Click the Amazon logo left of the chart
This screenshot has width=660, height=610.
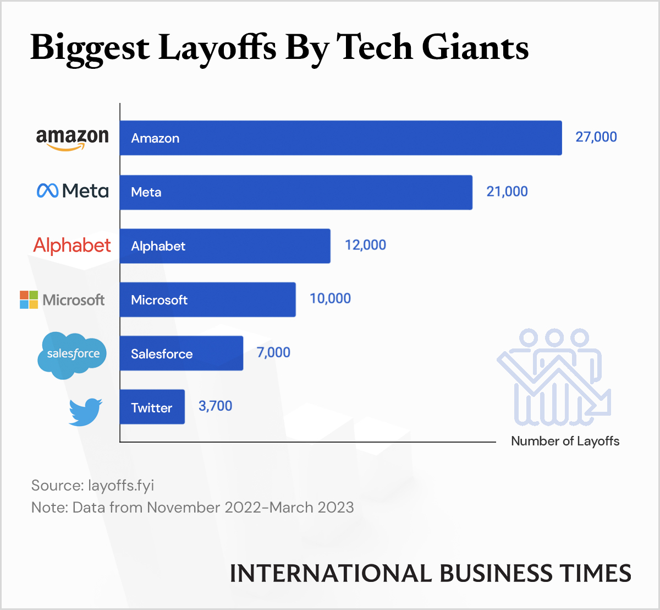click(x=72, y=138)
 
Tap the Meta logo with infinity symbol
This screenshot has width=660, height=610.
click(x=72, y=191)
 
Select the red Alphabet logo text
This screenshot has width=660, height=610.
click(x=72, y=245)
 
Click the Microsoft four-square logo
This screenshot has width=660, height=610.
click(x=29, y=299)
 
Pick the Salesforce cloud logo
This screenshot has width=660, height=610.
click(x=72, y=355)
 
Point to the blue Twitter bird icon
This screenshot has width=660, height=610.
click(x=85, y=411)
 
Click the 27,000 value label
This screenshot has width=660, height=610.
click(x=596, y=137)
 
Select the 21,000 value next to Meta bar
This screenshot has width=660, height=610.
click(x=507, y=192)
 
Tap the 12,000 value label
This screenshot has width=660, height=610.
click(x=365, y=245)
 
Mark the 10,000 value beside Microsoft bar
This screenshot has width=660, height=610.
click(x=330, y=298)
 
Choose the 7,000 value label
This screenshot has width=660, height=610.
click(x=273, y=352)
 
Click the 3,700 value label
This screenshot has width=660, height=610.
click(x=215, y=406)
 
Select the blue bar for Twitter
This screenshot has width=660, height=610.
click(x=152, y=407)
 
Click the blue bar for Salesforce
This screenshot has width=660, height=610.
click(x=182, y=353)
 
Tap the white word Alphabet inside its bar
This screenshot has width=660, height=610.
click(x=158, y=246)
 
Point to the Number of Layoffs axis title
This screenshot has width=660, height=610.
click(x=565, y=441)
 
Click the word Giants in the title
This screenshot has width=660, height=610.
click(x=475, y=47)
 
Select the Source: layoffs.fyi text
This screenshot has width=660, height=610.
click(x=92, y=485)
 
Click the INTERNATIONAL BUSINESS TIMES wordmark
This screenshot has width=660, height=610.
click(x=430, y=574)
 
